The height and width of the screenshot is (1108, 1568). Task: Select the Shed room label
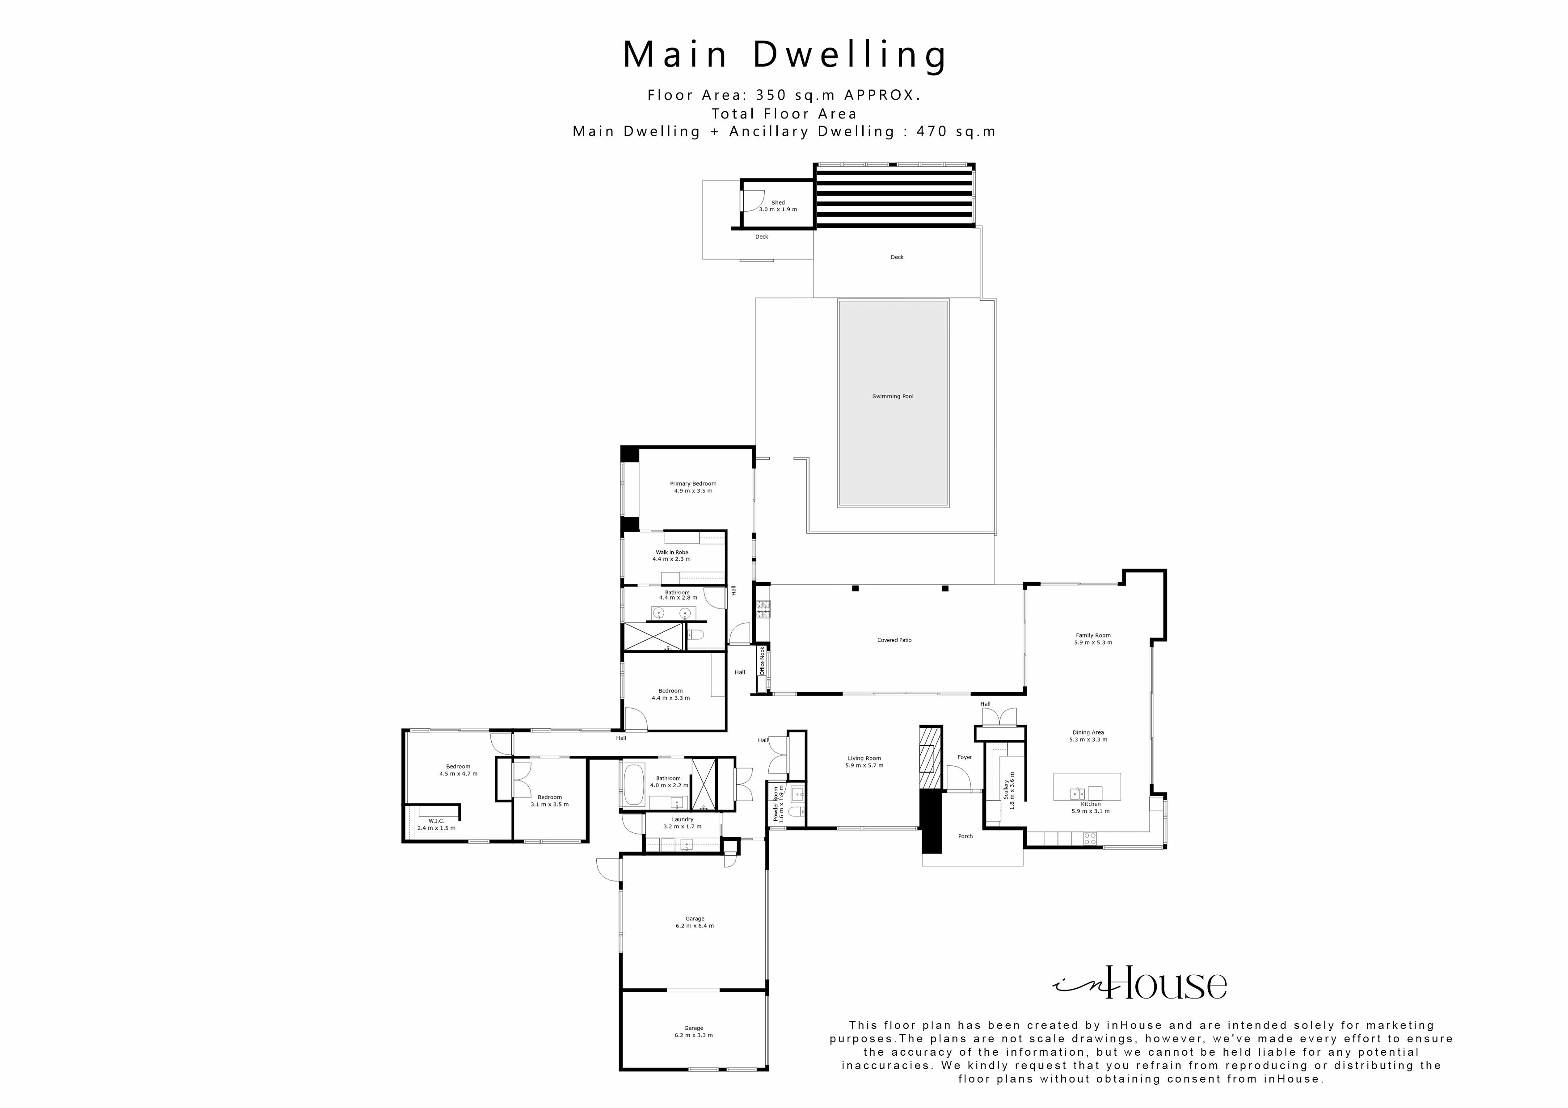click(778, 203)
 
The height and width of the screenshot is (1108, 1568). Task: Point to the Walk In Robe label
click(671, 552)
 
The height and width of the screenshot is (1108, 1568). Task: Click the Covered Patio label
click(894, 640)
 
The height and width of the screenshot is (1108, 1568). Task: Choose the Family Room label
click(1093, 636)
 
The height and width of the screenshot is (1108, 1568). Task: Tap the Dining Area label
click(1088, 733)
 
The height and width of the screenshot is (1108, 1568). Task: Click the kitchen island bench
click(1087, 786)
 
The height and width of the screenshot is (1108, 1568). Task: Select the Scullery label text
click(1006, 790)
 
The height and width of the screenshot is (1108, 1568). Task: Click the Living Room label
click(864, 759)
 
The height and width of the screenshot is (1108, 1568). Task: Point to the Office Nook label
click(762, 661)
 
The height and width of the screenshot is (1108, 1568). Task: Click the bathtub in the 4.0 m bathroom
click(634, 785)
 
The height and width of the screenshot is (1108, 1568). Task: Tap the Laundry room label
click(682, 819)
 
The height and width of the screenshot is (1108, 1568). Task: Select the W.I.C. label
click(436, 821)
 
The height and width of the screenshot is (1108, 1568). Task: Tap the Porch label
click(965, 836)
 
